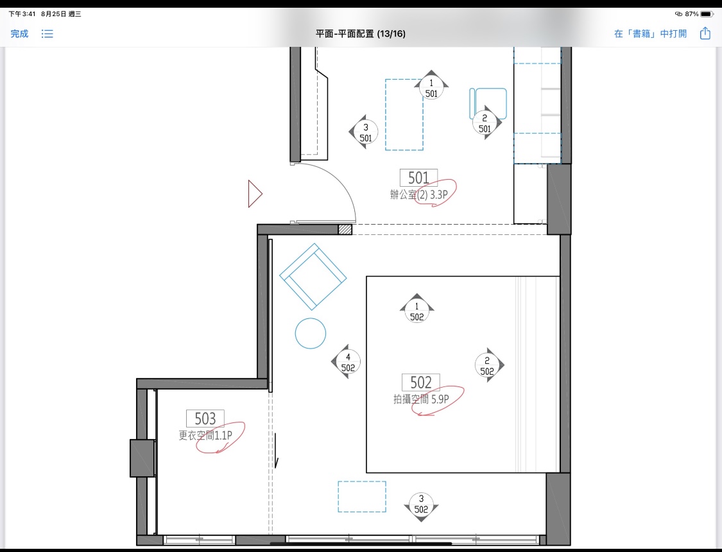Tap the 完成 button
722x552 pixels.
[19, 33]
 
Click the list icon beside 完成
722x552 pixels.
[47, 33]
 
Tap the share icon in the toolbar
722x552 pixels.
[705, 33]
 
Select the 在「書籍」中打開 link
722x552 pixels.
[650, 33]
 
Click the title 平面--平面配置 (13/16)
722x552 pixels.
[361, 33]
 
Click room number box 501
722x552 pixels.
[418, 178]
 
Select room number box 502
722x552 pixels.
[421, 382]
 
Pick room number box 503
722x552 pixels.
[205, 418]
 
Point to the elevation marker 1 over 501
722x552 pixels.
[431, 85]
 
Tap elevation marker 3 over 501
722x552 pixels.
[365, 132]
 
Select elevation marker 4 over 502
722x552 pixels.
[347, 362]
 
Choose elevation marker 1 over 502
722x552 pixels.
[417, 309]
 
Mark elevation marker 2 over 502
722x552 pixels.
[488, 365]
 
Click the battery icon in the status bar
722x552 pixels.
[707, 14]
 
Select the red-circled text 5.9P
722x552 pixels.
[440, 399]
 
